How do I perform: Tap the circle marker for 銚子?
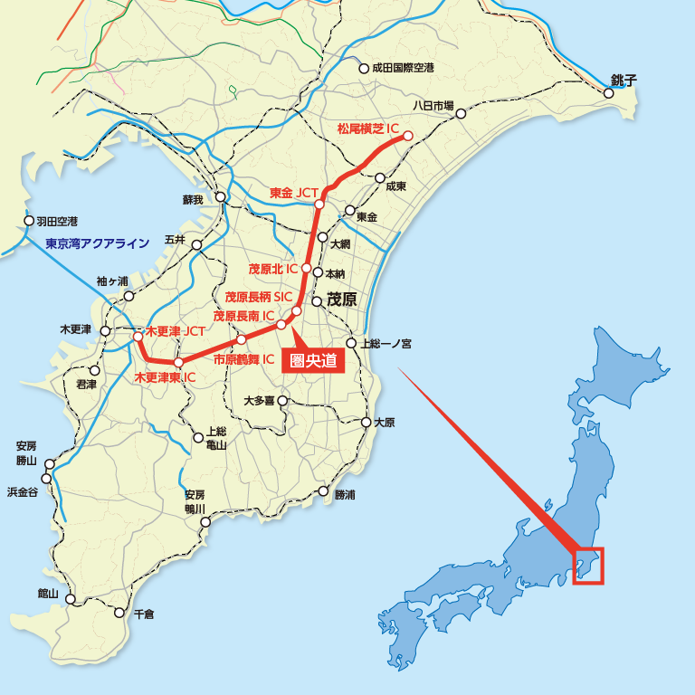pyautogui.click(x=609, y=92)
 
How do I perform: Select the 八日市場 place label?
pyautogui.click(x=433, y=105)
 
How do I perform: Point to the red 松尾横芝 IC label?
pyautogui.click(x=367, y=129)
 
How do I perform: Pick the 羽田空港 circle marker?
pyautogui.click(x=29, y=221)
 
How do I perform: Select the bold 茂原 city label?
pyautogui.click(x=341, y=300)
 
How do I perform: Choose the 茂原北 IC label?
pyautogui.click(x=273, y=269)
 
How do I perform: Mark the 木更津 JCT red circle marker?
pyautogui.click(x=138, y=337)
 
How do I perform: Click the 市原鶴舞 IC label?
pyautogui.click(x=243, y=359)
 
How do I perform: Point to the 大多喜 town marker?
pyautogui.click(x=282, y=400)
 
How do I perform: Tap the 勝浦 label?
pyautogui.click(x=345, y=495)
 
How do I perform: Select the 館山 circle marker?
pyautogui.click(x=71, y=599)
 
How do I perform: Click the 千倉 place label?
pyautogui.click(x=143, y=614)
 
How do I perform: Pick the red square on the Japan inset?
pyautogui.click(x=588, y=566)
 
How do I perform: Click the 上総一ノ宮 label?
pyautogui.click(x=386, y=344)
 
